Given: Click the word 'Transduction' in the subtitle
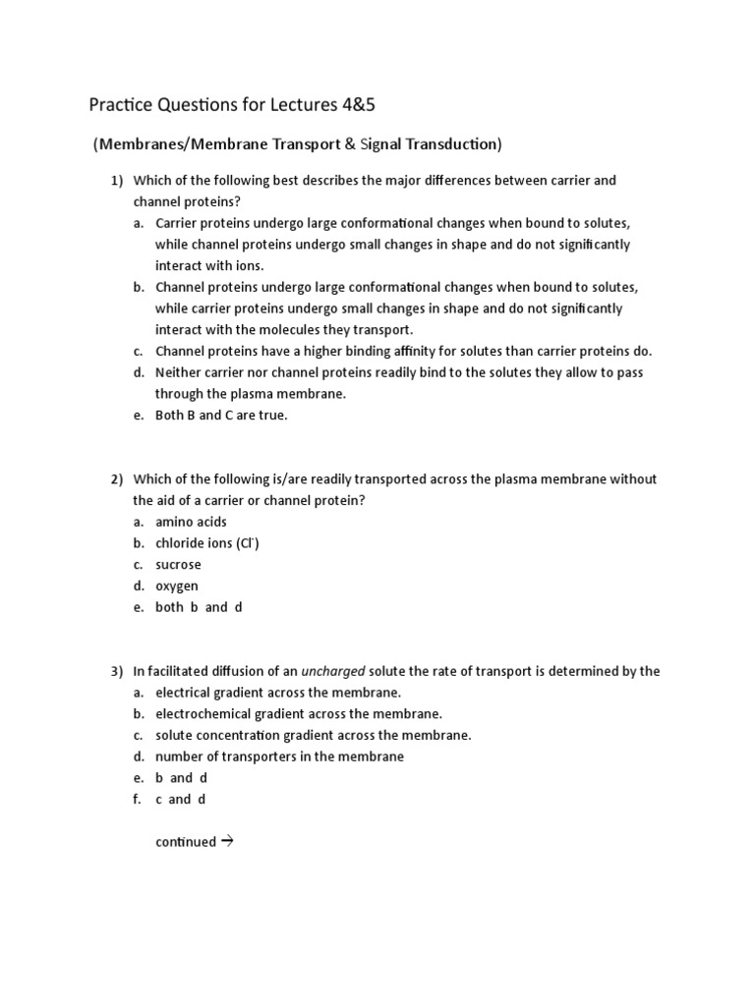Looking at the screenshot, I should coord(455,144).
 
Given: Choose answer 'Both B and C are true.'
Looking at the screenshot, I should coord(221,415).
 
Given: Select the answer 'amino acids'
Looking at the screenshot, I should coord(191,522).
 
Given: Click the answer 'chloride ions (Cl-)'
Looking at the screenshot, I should coord(207,543).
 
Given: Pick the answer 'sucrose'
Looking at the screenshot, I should coord(178,565).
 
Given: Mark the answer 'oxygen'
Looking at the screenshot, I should coord(177,587).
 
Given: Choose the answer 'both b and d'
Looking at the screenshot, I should coord(199,607).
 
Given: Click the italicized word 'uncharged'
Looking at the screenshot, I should coord(333,671).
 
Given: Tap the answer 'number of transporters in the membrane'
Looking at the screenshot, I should coord(279,756).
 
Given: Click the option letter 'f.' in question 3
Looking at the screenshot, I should coord(139,799).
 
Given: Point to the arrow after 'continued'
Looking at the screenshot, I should coord(226,841).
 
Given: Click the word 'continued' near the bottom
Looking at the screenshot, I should coord(185,842).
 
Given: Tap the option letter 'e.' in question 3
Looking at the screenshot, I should coord(139,778).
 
